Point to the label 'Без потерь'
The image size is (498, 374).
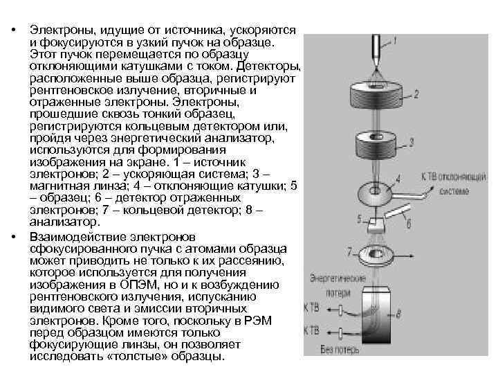(x=340, y=350)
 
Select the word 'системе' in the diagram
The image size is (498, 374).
(x=453, y=190)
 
